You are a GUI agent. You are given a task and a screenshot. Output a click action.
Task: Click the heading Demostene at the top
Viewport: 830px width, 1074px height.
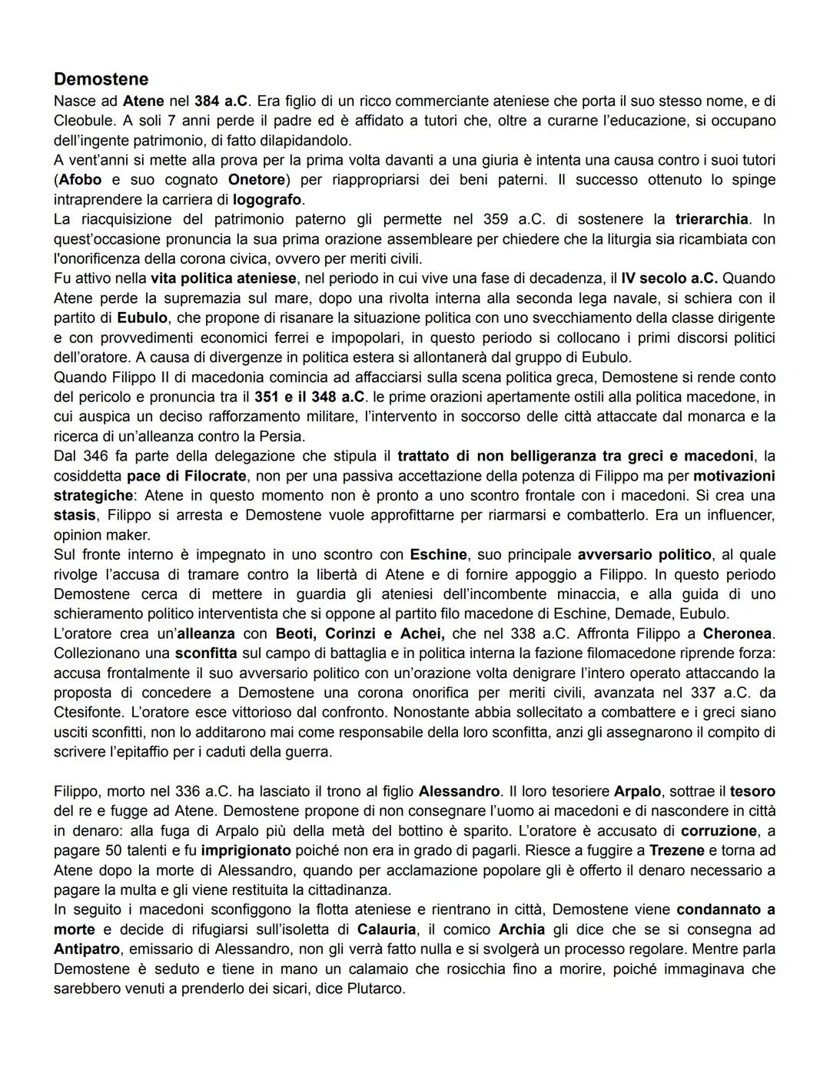coord(101,79)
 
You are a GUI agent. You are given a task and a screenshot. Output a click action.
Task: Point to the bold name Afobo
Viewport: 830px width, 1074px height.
coord(80,180)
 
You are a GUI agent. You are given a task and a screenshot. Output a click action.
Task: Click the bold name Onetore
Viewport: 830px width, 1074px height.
coord(257,180)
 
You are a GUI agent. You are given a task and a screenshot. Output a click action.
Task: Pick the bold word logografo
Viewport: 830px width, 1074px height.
coord(267,199)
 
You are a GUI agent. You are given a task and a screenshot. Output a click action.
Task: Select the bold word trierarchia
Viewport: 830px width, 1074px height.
coord(711,219)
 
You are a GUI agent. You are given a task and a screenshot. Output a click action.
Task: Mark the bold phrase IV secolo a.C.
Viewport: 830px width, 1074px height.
coord(669,278)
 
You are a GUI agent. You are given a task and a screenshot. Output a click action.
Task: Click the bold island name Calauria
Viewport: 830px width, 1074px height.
coord(387,929)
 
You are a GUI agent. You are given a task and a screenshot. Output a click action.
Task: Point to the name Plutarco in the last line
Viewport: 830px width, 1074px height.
coord(374,989)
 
